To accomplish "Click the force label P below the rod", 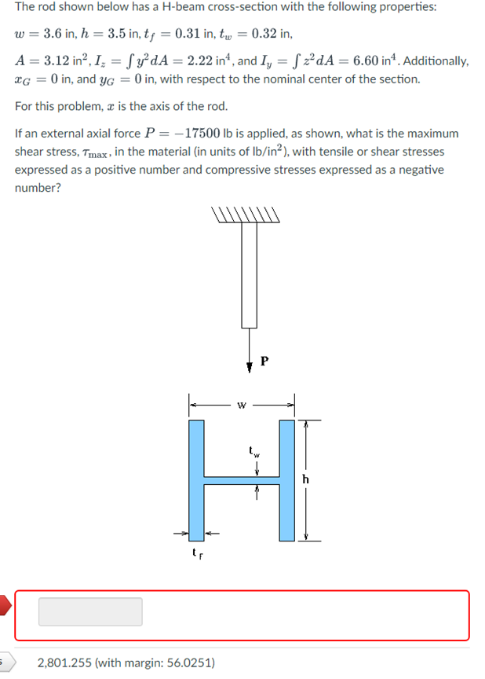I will click(x=264, y=362).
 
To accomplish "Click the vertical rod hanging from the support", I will click(x=250, y=275).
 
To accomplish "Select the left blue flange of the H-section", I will click(x=196, y=480).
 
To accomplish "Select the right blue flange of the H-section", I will click(x=286, y=480).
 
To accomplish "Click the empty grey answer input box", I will click(x=90, y=611).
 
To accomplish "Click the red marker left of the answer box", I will click(x=4, y=606).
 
